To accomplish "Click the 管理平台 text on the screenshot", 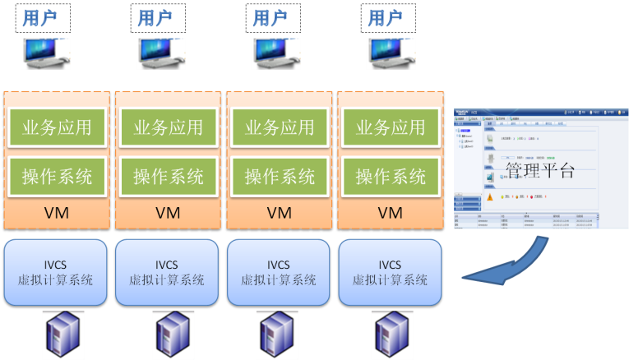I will click(539, 170).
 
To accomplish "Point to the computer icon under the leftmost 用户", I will click(45, 53).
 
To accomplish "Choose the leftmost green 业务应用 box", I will click(57, 127).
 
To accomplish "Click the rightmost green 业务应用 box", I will click(391, 127).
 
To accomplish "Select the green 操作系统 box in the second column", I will click(169, 175).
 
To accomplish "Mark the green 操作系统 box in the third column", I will click(280, 175).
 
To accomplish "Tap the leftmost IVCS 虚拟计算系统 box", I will click(56, 272).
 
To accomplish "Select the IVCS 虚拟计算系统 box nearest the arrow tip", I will click(391, 272).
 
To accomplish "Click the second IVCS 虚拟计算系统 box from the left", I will click(168, 272).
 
